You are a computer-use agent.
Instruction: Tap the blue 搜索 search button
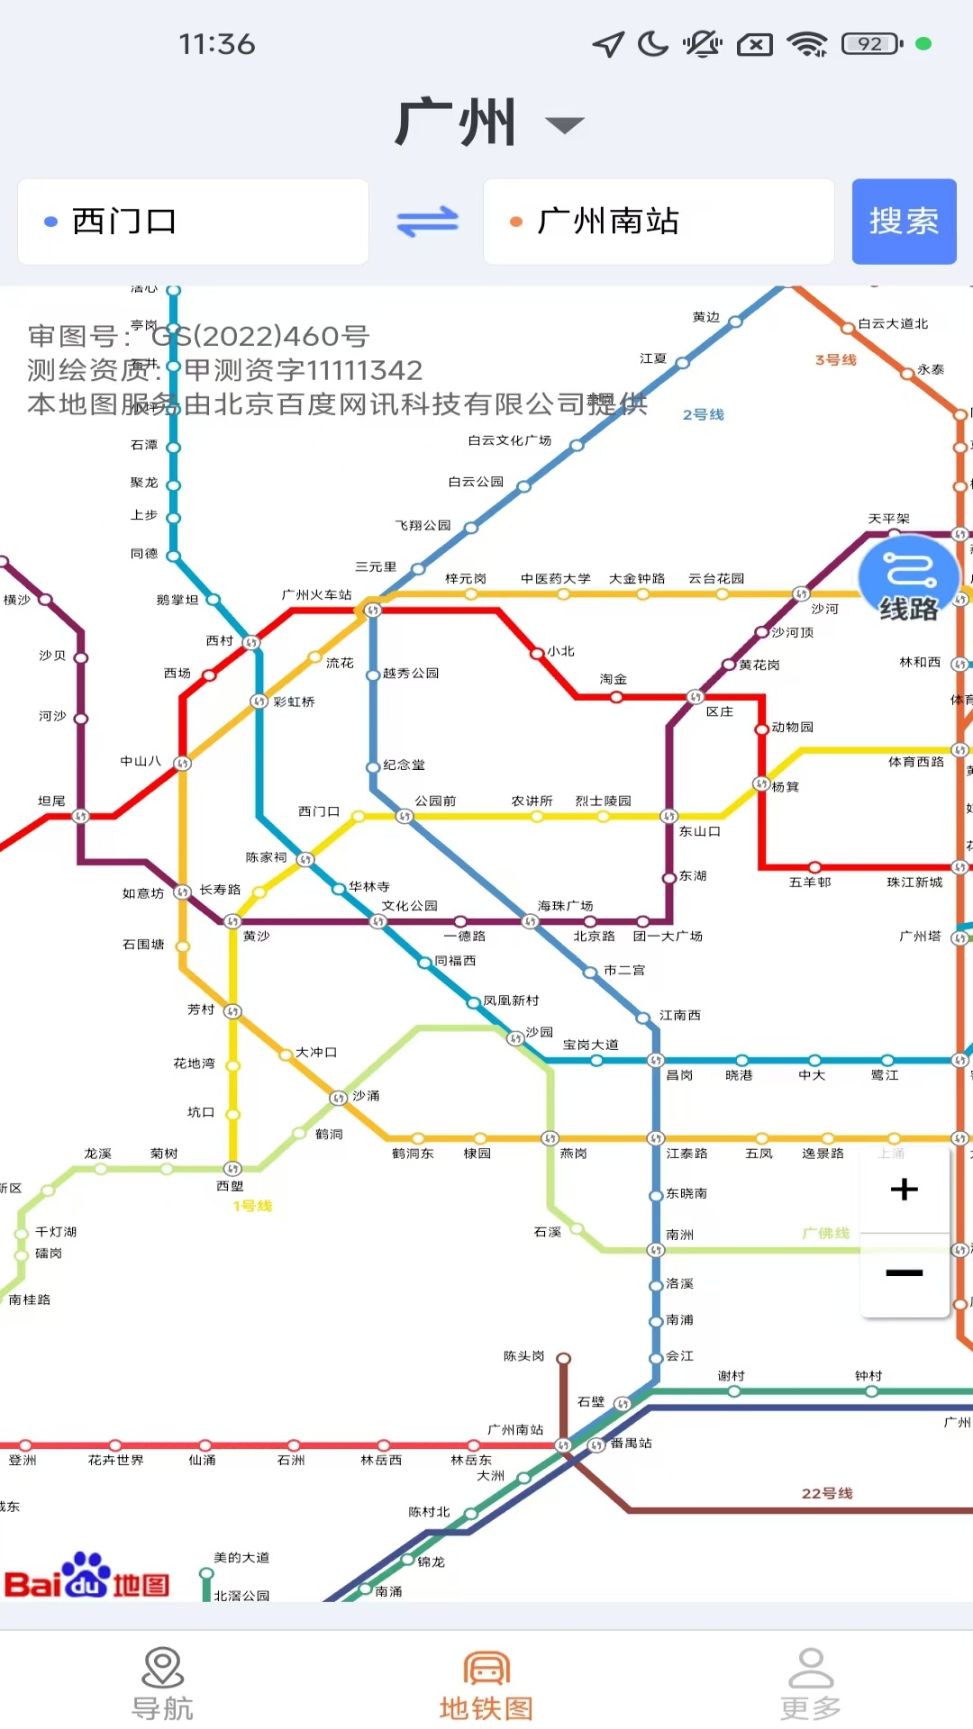tap(904, 222)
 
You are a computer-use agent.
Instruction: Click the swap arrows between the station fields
tap(427, 222)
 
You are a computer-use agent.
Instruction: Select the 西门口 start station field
tap(193, 222)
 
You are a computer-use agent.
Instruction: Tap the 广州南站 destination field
tap(658, 222)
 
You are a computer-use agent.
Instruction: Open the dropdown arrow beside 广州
tap(565, 125)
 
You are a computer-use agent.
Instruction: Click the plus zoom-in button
tap(905, 1190)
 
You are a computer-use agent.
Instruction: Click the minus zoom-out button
tap(905, 1273)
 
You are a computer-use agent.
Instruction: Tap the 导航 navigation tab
tap(162, 1684)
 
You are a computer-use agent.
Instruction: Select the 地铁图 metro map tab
tap(486, 1684)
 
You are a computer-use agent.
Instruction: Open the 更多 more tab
tap(811, 1684)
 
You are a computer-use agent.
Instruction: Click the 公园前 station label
tap(435, 801)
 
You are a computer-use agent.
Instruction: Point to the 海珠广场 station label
tap(565, 905)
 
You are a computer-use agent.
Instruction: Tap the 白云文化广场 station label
tap(509, 440)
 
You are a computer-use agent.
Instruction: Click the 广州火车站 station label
tap(316, 594)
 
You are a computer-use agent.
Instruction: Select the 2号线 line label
tap(703, 414)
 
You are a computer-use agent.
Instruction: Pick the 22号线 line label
tap(827, 1493)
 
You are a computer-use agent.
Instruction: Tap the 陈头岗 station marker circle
tap(564, 1359)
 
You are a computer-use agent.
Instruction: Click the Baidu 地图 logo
tap(86, 1575)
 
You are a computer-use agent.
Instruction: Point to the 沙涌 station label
tap(366, 1096)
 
